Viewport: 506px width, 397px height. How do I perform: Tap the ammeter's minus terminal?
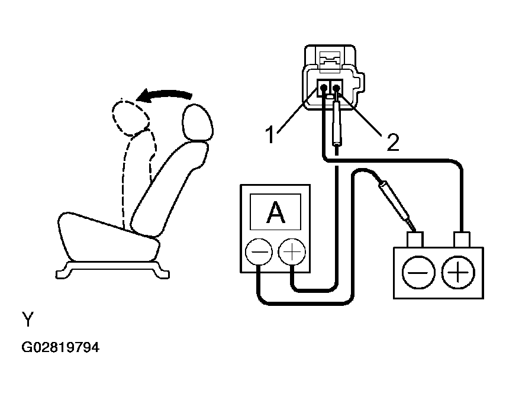coord(259,252)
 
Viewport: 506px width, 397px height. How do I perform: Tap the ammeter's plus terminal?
coord(292,252)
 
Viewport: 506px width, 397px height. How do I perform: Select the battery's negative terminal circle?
coord(418,273)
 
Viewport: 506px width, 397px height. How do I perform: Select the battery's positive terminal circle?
coord(458,273)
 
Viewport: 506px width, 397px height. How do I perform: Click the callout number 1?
coord(270,134)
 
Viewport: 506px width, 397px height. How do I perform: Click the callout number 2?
coord(393,142)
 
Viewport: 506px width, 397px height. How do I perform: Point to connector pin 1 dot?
coord(324,87)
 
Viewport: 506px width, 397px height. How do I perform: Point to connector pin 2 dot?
coord(337,87)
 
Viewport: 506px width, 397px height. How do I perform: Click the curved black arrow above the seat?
coord(165,95)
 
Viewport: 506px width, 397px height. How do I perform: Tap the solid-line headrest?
coord(198,122)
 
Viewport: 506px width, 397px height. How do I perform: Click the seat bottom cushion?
coord(108,238)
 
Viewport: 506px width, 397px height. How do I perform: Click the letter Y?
coord(28,319)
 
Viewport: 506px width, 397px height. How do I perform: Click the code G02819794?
coord(60,347)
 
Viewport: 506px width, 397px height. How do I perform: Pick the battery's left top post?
coord(415,240)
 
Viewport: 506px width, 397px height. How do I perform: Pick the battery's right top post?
coord(462,240)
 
